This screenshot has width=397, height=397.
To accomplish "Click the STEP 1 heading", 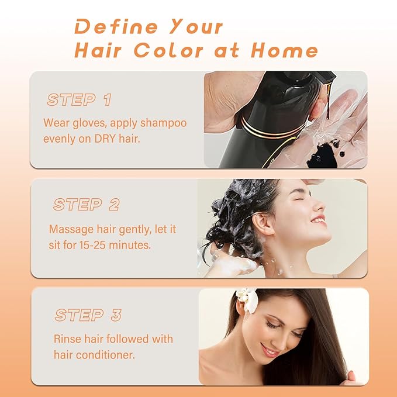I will click(79, 99).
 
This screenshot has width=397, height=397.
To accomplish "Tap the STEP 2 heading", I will click(86, 205).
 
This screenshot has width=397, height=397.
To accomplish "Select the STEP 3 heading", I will click(88, 315).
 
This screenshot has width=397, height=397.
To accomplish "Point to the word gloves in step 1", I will click(85, 123).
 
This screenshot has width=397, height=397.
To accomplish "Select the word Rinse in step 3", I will click(67, 339).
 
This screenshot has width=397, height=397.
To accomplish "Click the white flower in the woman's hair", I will click(247, 299).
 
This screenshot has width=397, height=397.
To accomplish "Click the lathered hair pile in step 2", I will click(237, 210).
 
